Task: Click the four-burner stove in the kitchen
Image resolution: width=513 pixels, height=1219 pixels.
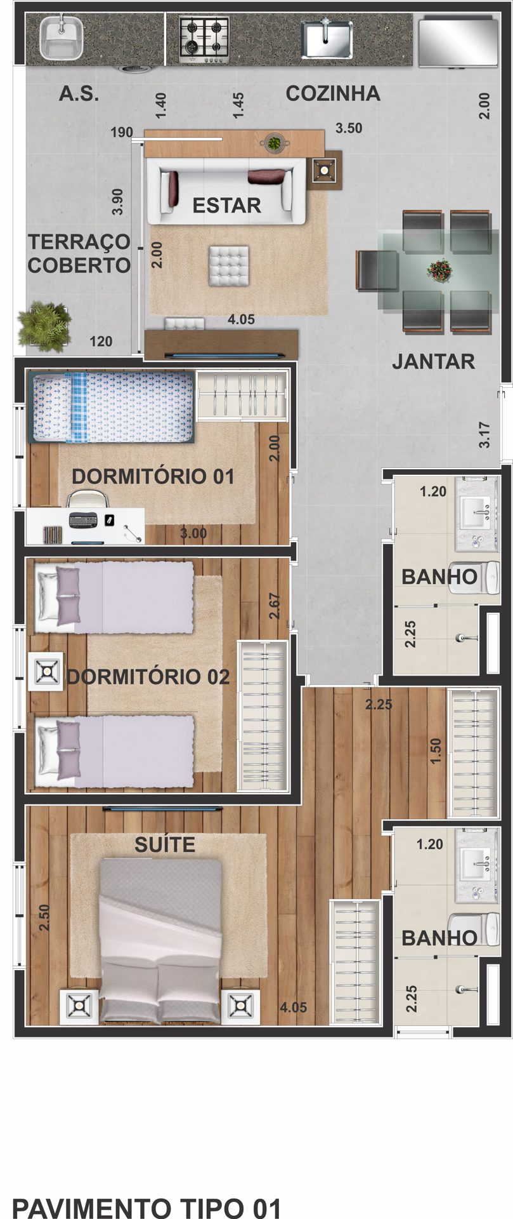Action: (204, 39)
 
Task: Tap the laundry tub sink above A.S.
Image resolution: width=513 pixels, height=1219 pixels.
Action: (62, 37)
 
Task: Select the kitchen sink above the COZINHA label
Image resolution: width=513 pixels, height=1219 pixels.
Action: (326, 39)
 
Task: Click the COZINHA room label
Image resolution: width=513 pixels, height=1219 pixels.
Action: (333, 93)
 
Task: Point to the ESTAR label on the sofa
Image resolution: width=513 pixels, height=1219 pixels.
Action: (227, 205)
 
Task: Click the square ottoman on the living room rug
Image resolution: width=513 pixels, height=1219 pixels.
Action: (229, 266)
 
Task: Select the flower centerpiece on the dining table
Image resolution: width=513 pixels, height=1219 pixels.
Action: (439, 270)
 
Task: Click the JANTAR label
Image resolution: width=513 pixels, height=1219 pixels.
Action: (433, 361)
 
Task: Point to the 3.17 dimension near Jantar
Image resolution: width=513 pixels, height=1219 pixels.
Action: (484, 435)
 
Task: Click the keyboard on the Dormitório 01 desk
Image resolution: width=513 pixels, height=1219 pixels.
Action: (84, 520)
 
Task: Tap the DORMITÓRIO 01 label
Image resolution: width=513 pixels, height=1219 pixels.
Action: (153, 476)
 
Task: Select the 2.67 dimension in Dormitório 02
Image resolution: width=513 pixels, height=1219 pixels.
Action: (274, 606)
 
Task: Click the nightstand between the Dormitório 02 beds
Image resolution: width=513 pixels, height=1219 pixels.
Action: (46, 671)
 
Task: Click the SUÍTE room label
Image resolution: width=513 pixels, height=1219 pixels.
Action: (165, 844)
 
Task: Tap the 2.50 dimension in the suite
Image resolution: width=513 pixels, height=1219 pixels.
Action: (44, 918)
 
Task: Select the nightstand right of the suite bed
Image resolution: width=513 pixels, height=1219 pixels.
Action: (240, 1006)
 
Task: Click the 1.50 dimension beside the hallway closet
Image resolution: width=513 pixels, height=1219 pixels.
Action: (435, 751)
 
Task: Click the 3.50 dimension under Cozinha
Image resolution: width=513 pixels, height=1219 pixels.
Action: (349, 128)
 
